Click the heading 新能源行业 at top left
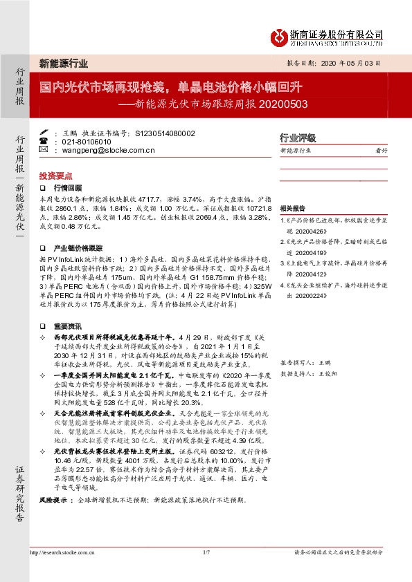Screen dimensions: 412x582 tap(63, 64)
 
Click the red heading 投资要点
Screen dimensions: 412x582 tap(55, 176)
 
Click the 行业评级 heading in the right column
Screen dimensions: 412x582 tap(297, 137)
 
